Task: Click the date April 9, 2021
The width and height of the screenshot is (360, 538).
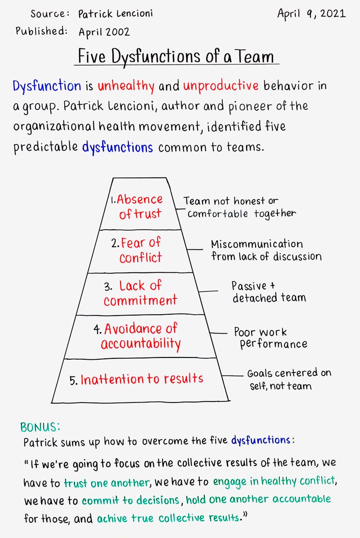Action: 311,14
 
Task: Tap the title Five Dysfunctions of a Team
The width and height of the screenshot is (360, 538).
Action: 176,57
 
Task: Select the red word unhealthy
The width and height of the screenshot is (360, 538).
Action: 126,86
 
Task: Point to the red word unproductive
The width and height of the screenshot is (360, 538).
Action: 220,86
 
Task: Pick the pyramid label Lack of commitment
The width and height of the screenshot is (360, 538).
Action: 140,293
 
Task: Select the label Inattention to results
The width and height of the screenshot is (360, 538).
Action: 142,379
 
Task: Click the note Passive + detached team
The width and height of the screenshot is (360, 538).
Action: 269,292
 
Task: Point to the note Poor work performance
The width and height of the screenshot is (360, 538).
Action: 270,339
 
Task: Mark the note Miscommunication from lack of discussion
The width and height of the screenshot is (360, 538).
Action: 266,250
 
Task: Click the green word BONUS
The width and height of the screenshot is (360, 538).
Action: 40,426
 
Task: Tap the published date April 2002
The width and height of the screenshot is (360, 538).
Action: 104,32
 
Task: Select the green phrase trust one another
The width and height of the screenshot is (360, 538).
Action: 106,483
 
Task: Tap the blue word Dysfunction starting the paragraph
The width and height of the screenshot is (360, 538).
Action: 47,86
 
